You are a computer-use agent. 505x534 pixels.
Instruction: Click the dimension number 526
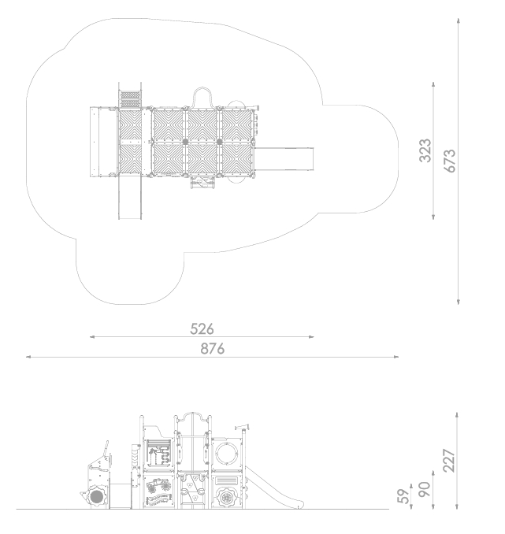202,329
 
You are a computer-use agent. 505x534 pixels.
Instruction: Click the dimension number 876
212,349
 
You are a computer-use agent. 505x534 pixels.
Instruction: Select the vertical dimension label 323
425,150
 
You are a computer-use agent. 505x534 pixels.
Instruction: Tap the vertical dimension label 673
450,161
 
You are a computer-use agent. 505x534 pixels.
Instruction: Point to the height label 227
449,461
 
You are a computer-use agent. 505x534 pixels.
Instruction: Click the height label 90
424,489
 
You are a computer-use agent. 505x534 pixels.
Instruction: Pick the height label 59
403,496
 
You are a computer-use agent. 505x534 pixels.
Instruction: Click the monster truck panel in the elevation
158,485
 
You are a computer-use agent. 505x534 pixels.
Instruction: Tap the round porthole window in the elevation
227,453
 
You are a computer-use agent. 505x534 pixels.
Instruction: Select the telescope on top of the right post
242,427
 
